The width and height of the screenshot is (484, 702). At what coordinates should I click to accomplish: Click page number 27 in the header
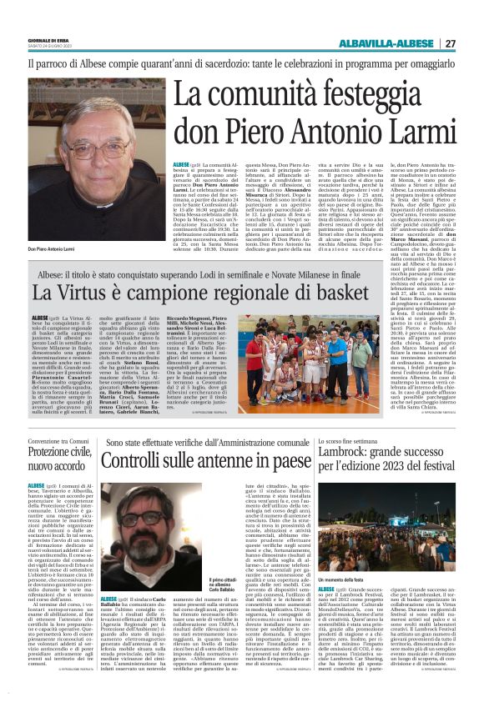point(449,43)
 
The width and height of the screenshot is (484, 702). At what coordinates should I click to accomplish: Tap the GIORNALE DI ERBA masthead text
point(49,40)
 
